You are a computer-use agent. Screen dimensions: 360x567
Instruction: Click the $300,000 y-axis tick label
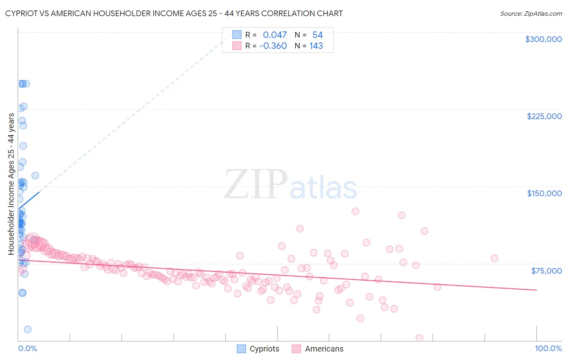click(543, 39)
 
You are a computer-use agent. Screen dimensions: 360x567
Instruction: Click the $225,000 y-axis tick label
click(544, 116)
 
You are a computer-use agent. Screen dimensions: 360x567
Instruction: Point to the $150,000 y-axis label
click(544, 193)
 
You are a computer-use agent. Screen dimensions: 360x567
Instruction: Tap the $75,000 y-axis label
click(546, 271)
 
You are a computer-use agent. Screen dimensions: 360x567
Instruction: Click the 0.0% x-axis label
click(27, 348)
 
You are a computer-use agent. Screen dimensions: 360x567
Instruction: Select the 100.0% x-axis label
click(548, 348)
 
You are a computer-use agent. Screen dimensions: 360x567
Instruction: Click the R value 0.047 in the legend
click(275, 35)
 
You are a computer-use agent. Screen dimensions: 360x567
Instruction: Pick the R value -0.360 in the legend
click(273, 46)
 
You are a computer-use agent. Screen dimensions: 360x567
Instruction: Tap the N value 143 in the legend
click(316, 46)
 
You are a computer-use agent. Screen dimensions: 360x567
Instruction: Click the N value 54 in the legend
click(317, 35)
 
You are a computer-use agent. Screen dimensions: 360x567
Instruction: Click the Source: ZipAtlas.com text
click(531, 14)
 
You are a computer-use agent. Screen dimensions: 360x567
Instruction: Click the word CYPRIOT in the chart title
click(22, 13)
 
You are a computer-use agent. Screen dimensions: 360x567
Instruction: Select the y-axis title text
click(11, 184)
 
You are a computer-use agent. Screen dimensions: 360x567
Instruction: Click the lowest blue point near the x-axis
click(27, 329)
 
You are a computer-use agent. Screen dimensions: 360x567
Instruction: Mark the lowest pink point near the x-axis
click(419, 338)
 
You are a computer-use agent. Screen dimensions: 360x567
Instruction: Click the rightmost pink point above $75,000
click(494, 258)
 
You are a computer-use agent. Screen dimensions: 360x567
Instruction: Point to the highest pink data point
click(355, 211)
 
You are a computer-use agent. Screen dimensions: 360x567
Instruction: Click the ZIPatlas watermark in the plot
click(290, 185)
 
